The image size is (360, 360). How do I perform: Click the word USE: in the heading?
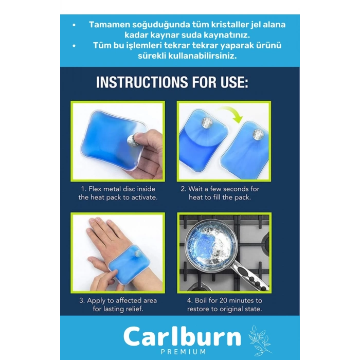tap(235, 82)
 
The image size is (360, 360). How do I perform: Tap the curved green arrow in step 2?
tap(232, 113)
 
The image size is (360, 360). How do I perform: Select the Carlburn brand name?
tap(182, 337)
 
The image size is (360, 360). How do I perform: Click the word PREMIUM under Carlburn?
tap(183, 352)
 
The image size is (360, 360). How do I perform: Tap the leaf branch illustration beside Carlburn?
tap(259, 339)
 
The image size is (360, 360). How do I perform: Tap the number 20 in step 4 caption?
tap(223, 300)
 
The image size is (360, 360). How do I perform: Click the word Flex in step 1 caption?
tap(95, 189)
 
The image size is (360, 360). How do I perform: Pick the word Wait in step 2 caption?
tap(196, 189)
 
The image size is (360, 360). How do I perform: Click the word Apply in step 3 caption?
tap(96, 301)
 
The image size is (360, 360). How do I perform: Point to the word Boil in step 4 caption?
tap(201, 300)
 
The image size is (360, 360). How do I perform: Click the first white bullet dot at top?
tap(74, 25)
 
